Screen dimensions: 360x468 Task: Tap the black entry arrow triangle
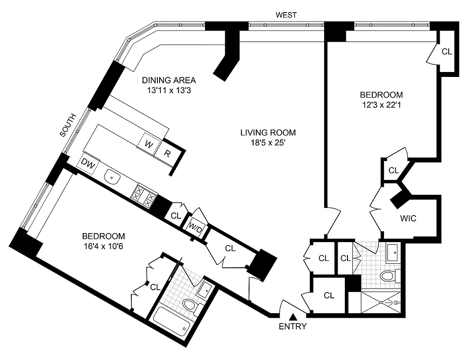click(x=293, y=317)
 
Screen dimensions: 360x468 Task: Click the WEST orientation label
click(x=286, y=15)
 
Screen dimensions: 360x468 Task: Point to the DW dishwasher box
click(x=88, y=165)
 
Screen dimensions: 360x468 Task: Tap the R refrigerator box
click(x=167, y=153)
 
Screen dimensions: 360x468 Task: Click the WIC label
click(x=408, y=219)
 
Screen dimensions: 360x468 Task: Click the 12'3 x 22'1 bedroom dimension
click(x=381, y=106)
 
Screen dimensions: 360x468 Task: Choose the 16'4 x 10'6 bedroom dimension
click(x=103, y=247)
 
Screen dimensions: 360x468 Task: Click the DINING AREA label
click(x=169, y=81)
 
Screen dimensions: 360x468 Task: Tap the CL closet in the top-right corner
click(x=446, y=51)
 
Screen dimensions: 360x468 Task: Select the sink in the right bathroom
click(x=392, y=253)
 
